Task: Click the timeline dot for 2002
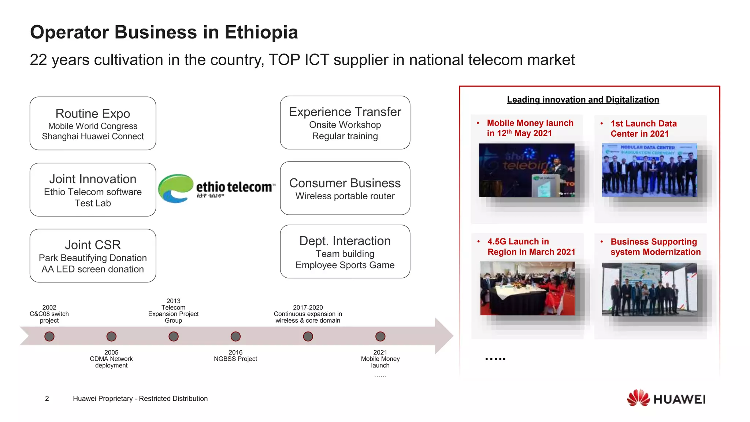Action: [49, 336]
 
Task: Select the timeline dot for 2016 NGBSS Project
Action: [235, 336]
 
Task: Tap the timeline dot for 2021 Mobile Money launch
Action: [380, 336]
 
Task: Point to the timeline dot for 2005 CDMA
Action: [111, 336]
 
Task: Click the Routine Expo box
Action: [93, 123]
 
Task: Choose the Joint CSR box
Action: [93, 256]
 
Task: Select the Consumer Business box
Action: [345, 188]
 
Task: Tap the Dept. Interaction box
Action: [345, 252]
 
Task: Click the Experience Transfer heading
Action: [345, 112]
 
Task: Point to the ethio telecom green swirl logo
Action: [175, 188]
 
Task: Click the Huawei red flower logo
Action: [638, 398]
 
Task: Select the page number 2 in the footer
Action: [47, 399]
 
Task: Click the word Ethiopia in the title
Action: [261, 32]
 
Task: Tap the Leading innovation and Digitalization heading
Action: [583, 100]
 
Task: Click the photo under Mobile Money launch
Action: [527, 170]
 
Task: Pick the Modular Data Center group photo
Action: [649, 170]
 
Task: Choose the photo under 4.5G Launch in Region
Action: [527, 288]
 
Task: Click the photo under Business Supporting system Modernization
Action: [649, 289]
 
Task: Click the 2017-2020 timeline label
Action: [308, 314]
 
